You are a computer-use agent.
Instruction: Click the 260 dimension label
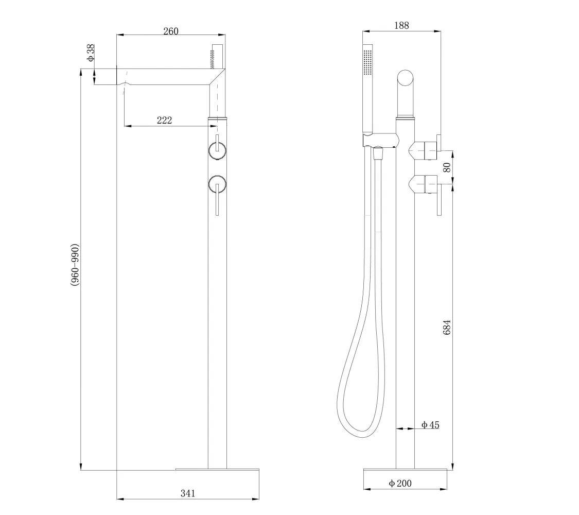coord(170,31)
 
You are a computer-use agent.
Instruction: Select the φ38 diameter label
coord(91,53)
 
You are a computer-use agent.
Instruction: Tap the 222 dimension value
coord(164,121)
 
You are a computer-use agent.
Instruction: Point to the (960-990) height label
coord(75,265)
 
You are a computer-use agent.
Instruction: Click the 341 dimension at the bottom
coord(187,493)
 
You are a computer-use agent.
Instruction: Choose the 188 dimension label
coord(401,25)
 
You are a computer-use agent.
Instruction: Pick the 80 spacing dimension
coord(447,167)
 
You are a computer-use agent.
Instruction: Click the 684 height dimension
coord(447,328)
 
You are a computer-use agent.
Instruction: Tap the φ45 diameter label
coord(431,425)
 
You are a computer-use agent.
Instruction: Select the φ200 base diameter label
coord(400,483)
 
